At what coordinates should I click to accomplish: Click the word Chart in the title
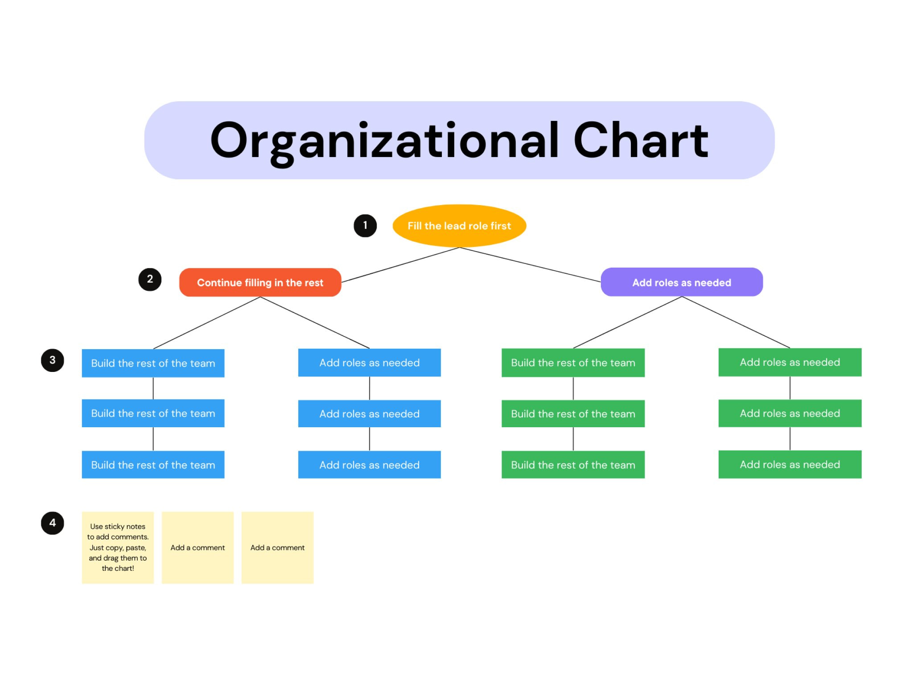(640, 140)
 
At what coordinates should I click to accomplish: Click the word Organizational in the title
(384, 140)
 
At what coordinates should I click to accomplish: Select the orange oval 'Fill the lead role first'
(459, 226)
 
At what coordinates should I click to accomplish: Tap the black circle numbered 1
(365, 226)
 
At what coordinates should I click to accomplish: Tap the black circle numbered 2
(150, 280)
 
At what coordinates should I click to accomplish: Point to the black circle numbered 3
(53, 360)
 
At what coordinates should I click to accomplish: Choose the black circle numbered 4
(53, 523)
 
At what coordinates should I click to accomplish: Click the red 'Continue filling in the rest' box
(260, 282)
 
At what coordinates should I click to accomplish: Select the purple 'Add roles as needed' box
(682, 282)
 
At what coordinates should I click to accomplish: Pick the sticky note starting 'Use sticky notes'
(118, 548)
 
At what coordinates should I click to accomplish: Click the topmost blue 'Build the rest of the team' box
(153, 363)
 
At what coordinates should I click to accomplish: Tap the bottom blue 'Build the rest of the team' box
(153, 465)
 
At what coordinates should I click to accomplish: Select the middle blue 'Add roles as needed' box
(369, 414)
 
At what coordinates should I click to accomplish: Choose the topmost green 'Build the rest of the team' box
(573, 363)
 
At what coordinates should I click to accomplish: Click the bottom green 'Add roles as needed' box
(790, 464)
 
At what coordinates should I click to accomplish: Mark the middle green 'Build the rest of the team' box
(573, 414)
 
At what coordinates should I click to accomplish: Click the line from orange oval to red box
(400, 265)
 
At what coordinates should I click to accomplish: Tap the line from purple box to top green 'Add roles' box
(736, 322)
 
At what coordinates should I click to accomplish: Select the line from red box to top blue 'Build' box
(207, 323)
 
